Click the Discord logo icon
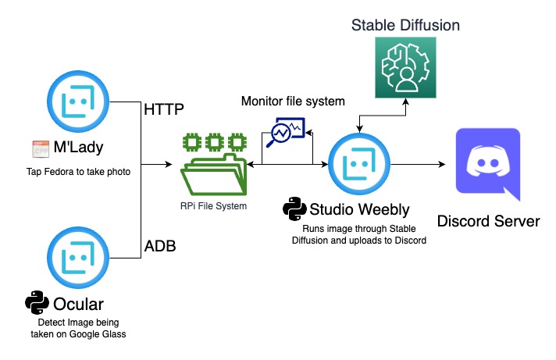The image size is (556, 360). [486, 165]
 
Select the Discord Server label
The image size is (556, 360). [488, 222]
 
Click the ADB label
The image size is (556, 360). [161, 247]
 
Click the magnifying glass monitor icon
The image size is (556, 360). [286, 133]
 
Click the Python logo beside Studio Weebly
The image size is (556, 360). [294, 209]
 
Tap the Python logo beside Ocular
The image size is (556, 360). [37, 303]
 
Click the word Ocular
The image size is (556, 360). [80, 304]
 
